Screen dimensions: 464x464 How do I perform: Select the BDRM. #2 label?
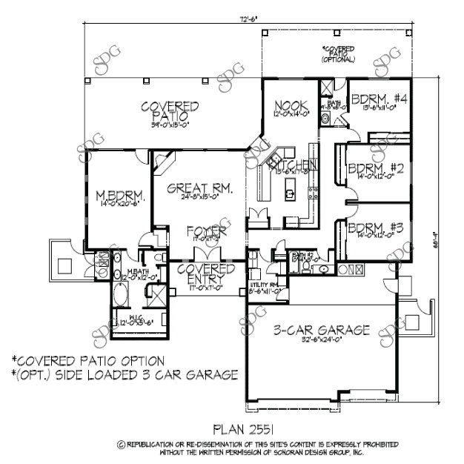375,168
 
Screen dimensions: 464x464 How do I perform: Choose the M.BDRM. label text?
119,196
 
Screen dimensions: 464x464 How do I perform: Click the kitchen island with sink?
291,193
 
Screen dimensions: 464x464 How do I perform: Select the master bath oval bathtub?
119,295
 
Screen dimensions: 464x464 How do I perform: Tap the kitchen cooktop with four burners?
314,194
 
